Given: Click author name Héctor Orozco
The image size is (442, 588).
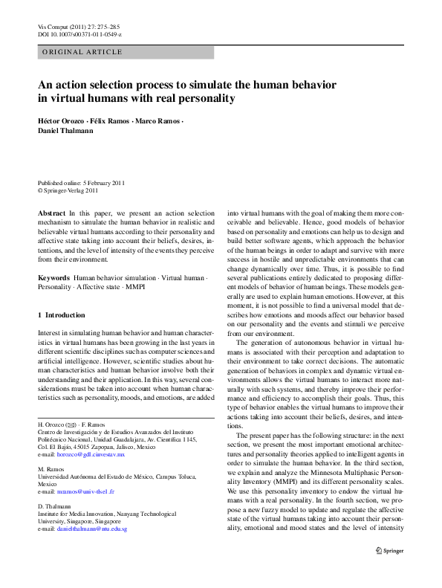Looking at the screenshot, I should [63, 120].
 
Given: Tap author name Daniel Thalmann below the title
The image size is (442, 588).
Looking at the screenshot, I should [67, 131].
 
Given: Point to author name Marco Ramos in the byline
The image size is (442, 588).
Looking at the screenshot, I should [157, 120].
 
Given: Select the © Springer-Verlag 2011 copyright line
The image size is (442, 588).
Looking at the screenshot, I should [68, 190].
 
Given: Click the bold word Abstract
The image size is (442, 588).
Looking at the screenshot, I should [51, 213].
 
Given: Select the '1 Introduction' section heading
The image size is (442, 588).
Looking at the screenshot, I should [61, 315].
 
